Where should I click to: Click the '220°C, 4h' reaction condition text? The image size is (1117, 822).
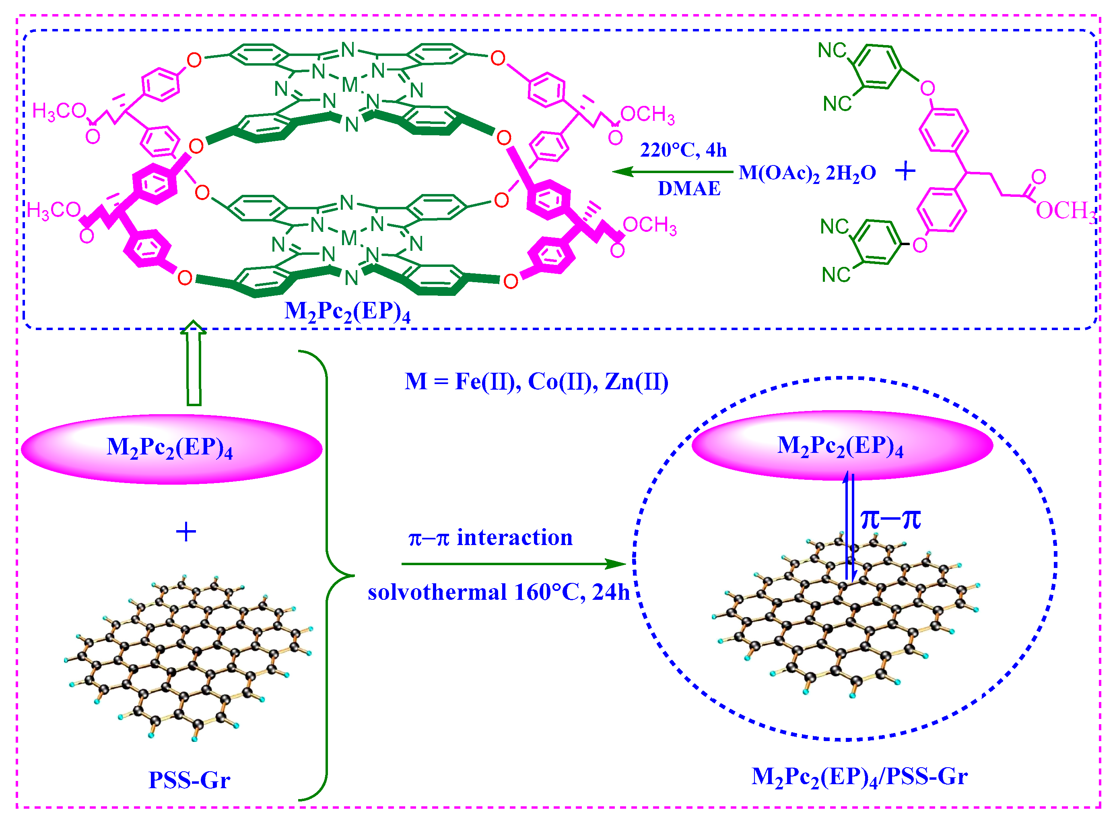[683, 150]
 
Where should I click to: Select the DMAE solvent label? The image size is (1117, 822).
[688, 188]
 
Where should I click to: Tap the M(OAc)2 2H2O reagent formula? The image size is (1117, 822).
[807, 173]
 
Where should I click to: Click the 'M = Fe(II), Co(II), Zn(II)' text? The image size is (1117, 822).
[536, 382]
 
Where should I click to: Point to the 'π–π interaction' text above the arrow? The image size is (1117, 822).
[490, 538]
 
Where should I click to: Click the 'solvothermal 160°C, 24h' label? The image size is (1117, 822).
[498, 593]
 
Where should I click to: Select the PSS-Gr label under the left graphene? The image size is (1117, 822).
[189, 779]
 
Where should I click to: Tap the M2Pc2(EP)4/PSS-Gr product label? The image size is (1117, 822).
[859, 776]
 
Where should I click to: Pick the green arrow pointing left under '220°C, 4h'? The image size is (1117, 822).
[672, 171]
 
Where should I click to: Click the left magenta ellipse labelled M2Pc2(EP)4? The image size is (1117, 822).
[171, 449]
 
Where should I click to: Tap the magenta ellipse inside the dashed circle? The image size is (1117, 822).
[842, 445]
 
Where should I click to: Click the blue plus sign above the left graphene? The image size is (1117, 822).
[186, 532]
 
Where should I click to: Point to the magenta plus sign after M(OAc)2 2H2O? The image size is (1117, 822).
[905, 171]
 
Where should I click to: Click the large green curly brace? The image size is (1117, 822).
[328, 576]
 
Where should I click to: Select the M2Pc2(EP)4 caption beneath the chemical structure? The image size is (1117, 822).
[347, 312]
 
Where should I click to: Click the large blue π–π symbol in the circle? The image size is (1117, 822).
[890, 519]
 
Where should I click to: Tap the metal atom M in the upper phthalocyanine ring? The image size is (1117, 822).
[350, 85]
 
